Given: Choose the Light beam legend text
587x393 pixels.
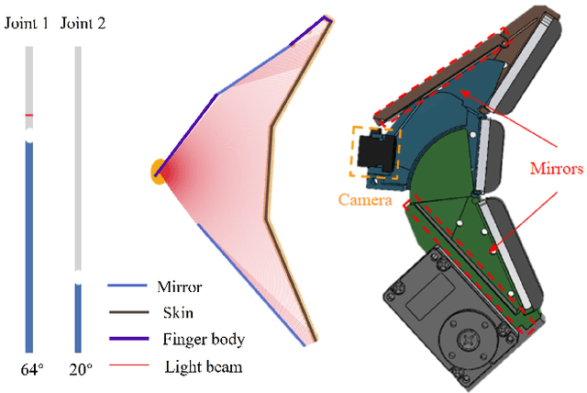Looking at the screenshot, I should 197,365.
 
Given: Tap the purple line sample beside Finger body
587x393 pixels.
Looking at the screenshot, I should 125,339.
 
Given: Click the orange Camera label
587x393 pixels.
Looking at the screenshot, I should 364,199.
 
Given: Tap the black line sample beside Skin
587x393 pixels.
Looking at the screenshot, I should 125,313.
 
